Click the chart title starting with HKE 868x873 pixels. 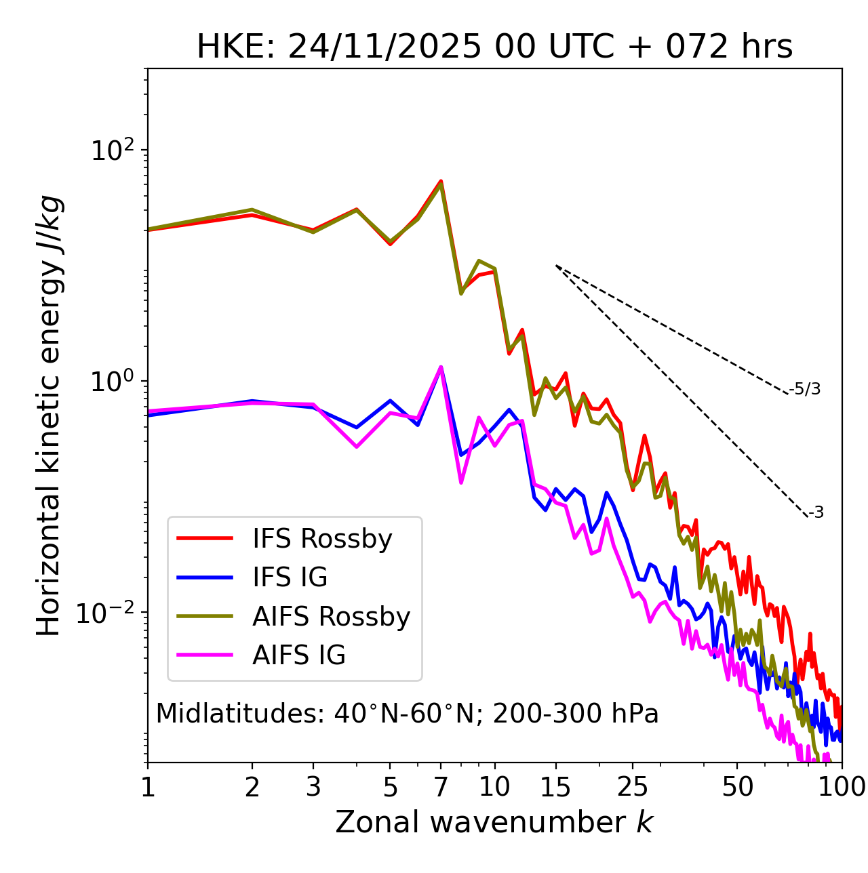pyautogui.click(x=494, y=47)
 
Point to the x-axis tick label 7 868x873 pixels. pyautogui.click(x=441, y=787)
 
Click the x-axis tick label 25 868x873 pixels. pyautogui.click(x=633, y=787)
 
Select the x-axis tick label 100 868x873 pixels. pyautogui.click(x=842, y=787)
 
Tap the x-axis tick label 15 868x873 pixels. pyautogui.click(x=555, y=787)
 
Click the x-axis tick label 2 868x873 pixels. pyautogui.click(x=252, y=787)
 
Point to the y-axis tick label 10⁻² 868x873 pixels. pyautogui.click(x=108, y=613)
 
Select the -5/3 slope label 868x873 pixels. pyautogui.click(x=805, y=389)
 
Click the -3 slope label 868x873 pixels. pyautogui.click(x=816, y=513)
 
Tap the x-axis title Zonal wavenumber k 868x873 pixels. pyautogui.click(x=494, y=822)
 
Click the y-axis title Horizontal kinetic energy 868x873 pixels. pyautogui.click(x=49, y=415)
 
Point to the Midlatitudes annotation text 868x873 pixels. pyautogui.click(x=407, y=714)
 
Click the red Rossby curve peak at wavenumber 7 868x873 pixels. pyautogui.click(x=441, y=181)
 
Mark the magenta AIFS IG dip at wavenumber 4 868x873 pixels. pyautogui.click(x=356, y=447)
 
